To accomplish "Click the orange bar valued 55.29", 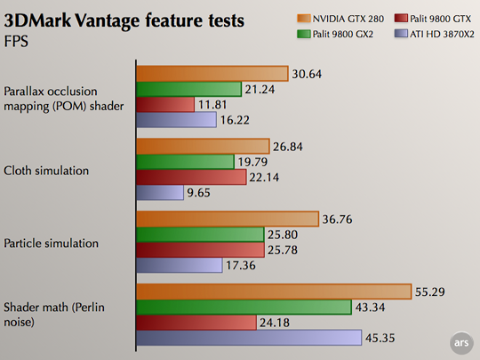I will (x=273, y=292).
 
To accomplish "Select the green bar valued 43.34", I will (x=244, y=307).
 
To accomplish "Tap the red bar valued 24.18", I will (x=196, y=322).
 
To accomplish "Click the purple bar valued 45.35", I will (x=249, y=337).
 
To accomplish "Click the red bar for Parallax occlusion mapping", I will (x=164, y=105).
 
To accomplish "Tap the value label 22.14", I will (x=267, y=178).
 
